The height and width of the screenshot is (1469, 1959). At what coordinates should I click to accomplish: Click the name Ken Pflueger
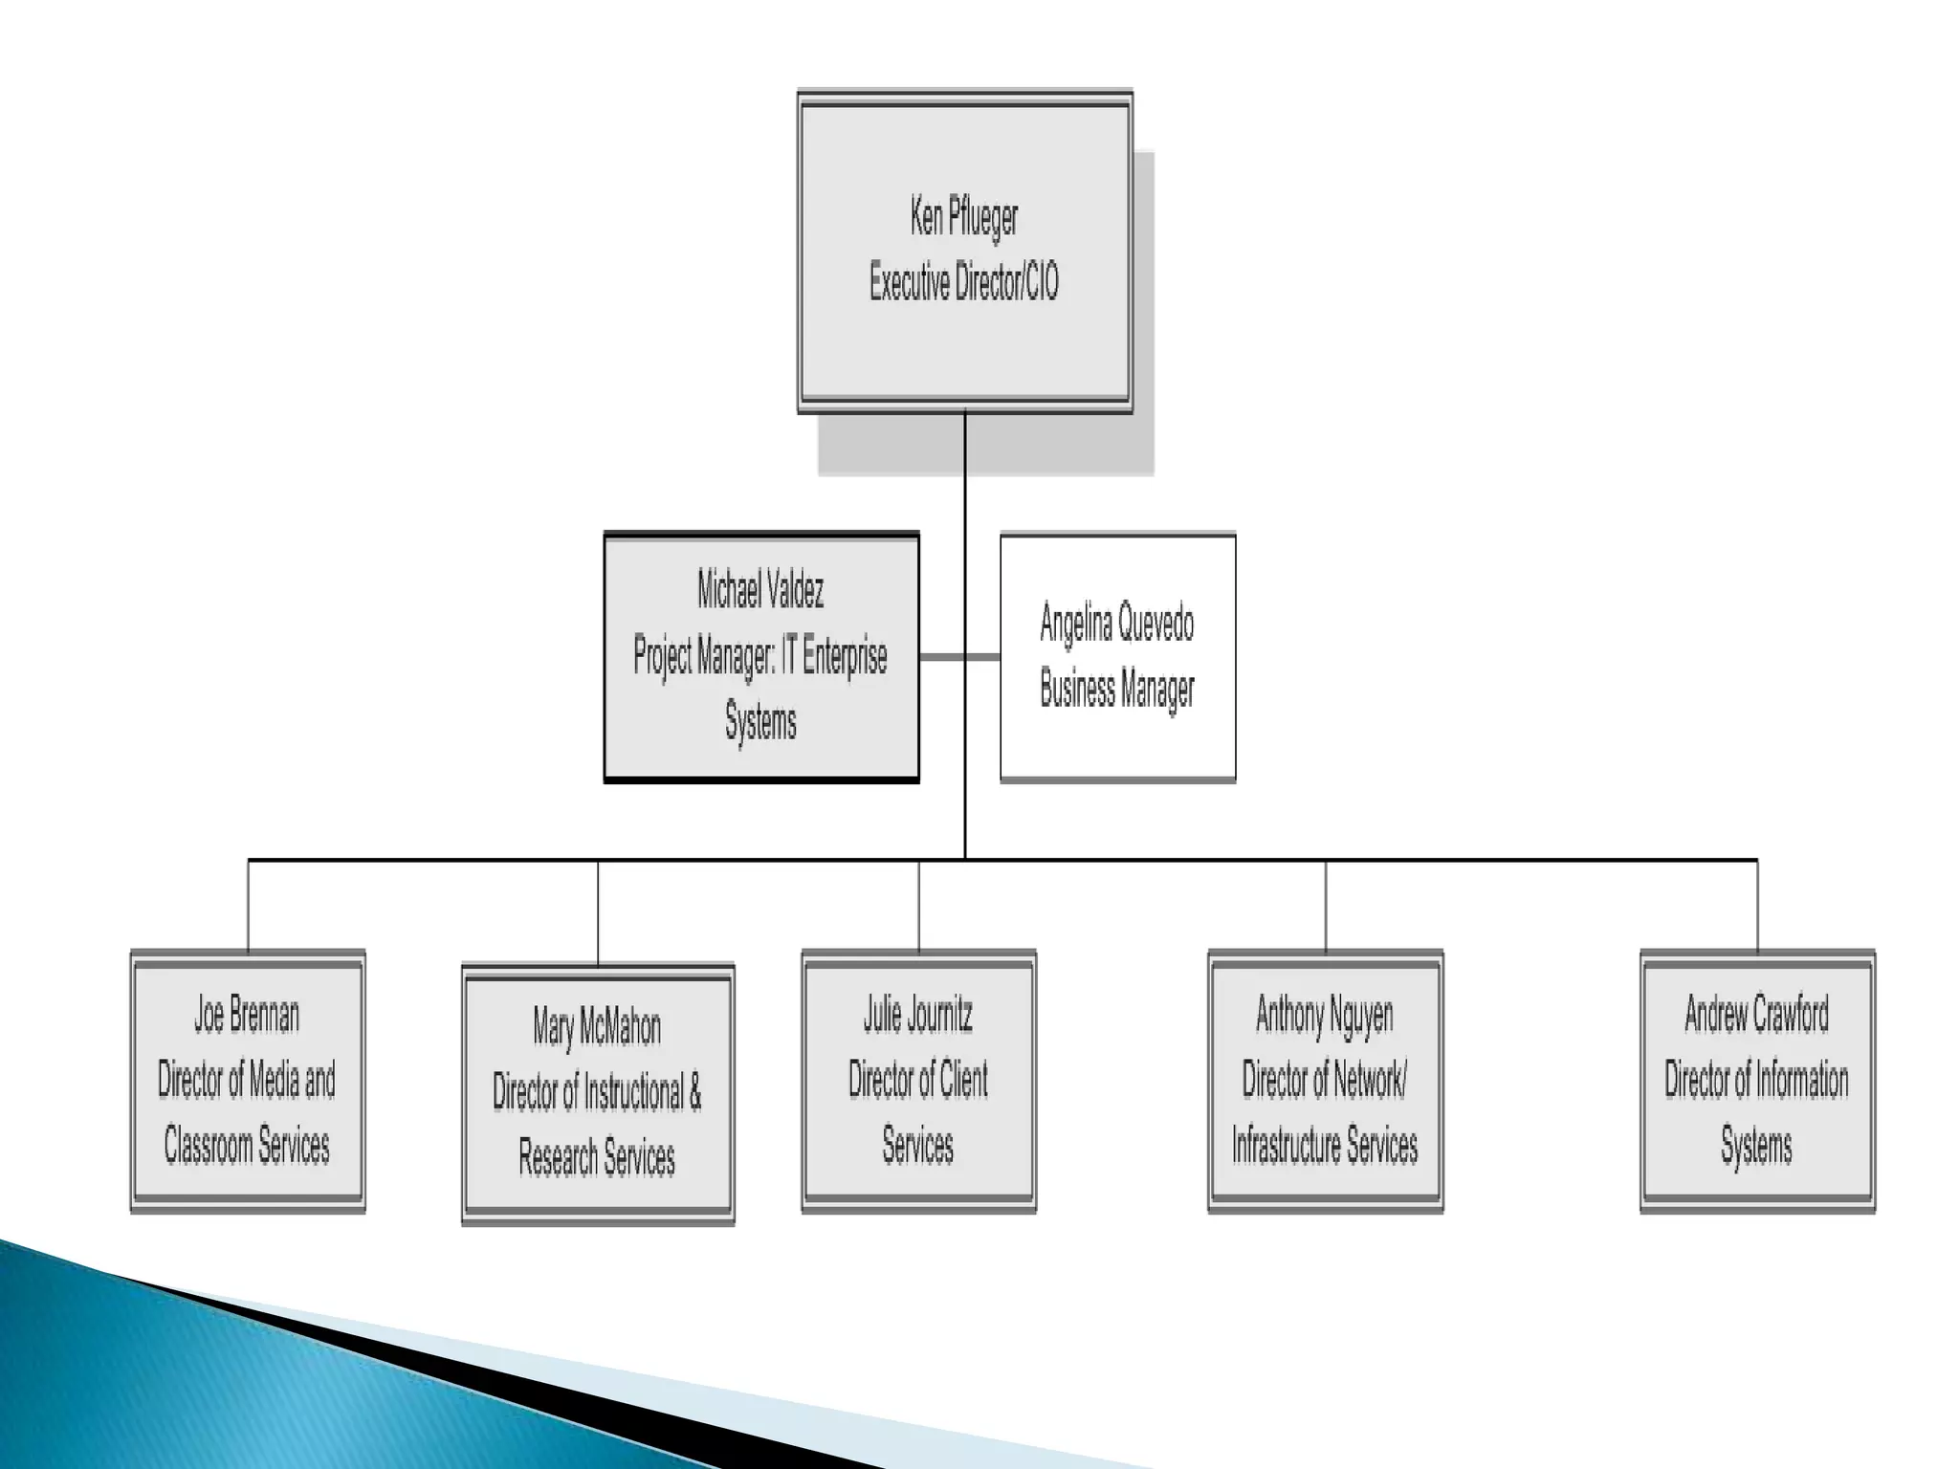964,218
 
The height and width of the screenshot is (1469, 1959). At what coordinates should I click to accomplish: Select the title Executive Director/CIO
964,283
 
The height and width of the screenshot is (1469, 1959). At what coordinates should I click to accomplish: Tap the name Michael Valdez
760,590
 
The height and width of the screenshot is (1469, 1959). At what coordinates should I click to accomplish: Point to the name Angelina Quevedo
1117,625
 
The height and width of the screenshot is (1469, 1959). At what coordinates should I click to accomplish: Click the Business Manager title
1117,690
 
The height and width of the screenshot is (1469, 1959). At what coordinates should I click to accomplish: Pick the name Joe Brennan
247,1016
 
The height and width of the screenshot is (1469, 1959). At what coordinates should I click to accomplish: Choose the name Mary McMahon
597,1028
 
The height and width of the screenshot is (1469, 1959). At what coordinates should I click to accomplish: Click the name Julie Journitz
918,1016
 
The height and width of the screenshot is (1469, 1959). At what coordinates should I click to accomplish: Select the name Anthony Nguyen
1325,1016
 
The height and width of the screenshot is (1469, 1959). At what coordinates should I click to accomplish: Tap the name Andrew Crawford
1757,1016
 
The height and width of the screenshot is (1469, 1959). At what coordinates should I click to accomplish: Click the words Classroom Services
247,1145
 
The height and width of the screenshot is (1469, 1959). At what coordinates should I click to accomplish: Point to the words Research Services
597,1157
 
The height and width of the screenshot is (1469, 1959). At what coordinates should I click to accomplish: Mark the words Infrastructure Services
1325,1145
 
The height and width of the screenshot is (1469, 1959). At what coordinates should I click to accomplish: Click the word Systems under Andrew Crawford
1757,1145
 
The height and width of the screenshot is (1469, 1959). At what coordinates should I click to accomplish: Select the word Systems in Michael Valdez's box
760,721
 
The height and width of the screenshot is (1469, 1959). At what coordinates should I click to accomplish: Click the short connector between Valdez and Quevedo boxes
959,657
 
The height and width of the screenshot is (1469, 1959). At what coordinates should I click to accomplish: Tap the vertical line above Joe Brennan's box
248,905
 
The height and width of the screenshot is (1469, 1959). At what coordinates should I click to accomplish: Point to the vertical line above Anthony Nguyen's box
1326,905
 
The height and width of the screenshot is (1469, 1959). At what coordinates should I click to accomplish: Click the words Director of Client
918,1081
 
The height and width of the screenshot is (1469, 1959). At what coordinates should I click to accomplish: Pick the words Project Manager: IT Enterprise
760,656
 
